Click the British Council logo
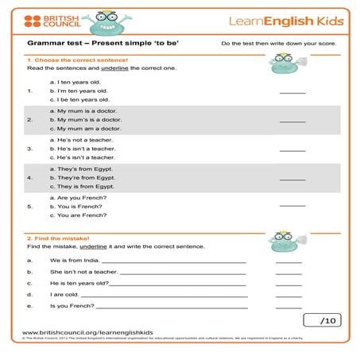[50, 21]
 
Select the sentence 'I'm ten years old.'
[78, 91]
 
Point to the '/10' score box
[322, 320]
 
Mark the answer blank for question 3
[292, 149]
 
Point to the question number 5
[29, 206]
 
